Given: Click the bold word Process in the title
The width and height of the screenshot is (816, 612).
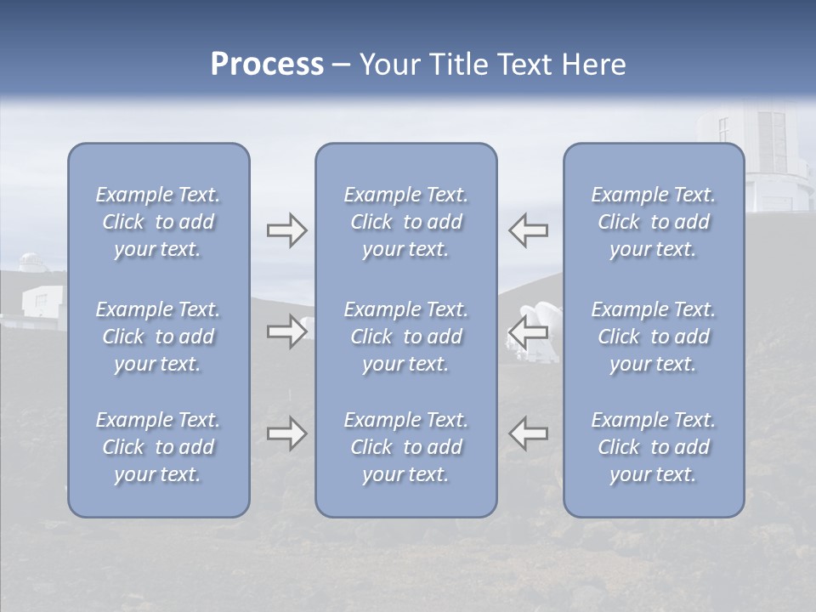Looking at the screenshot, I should tap(267, 65).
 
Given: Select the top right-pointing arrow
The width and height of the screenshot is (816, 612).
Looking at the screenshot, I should tap(286, 230).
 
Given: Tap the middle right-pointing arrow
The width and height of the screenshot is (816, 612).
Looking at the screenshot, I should tap(286, 331).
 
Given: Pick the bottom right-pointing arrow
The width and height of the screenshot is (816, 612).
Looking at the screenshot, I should tap(286, 433).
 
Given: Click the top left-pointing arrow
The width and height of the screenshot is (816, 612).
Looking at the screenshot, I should tap(529, 230).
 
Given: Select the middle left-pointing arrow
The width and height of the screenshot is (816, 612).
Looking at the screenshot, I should tap(529, 331).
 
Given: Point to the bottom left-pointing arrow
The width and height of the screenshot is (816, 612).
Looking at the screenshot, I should tap(529, 433).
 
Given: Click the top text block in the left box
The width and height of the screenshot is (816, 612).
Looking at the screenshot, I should tap(158, 222).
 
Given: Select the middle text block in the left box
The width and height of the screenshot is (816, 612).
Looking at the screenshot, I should tap(158, 337).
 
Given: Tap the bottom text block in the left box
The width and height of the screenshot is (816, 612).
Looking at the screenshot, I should tap(158, 447).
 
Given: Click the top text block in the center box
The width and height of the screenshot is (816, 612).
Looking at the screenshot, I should tap(405, 222).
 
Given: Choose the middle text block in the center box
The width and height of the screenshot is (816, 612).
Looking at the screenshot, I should tap(405, 337).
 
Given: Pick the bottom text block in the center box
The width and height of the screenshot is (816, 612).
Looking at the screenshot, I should tap(405, 447).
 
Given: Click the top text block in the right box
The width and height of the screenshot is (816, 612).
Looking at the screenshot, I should tap(653, 222).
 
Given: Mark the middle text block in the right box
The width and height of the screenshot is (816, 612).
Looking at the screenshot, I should tap(653, 337).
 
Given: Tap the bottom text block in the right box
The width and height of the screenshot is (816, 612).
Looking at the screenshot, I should tap(653, 447).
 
